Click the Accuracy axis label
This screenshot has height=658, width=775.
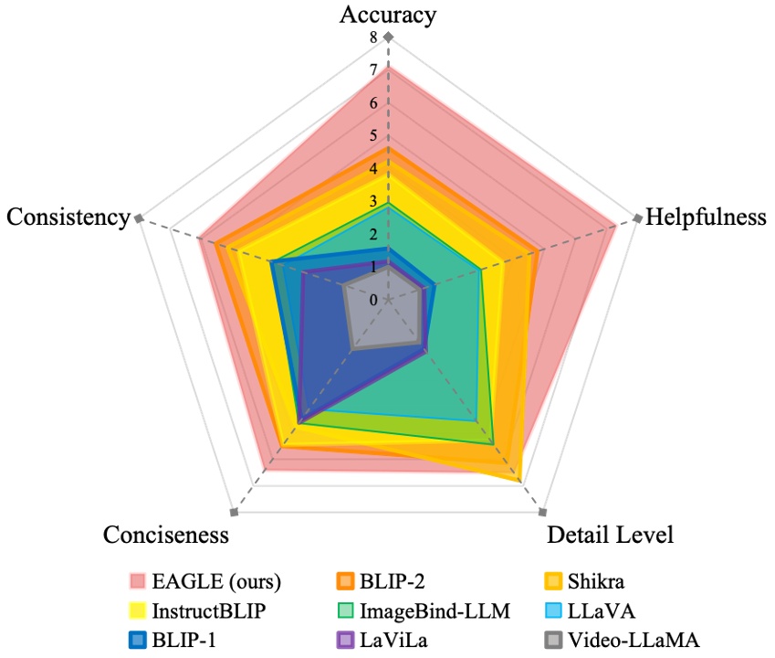388,15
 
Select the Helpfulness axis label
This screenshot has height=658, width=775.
705,218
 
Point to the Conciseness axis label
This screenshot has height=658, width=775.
166,535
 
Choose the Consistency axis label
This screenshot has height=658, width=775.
68,218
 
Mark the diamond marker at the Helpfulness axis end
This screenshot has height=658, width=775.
637,218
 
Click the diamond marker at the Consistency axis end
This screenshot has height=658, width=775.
139,218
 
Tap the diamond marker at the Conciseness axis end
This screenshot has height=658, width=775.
235,512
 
